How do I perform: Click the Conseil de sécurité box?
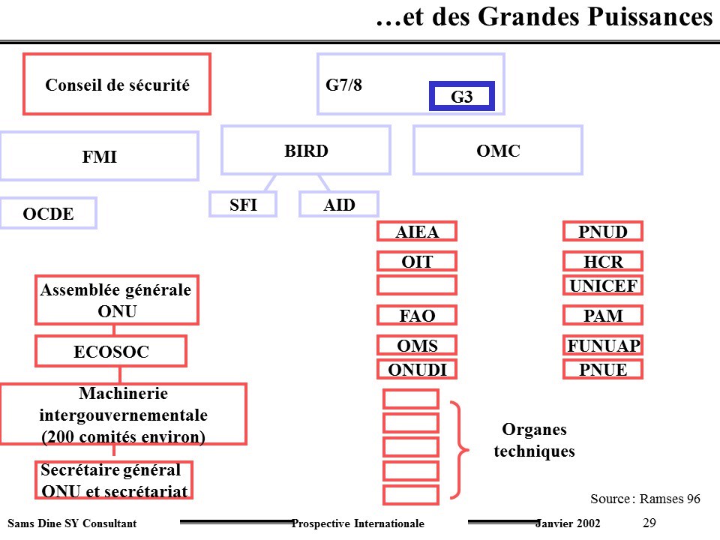pyautogui.click(x=117, y=83)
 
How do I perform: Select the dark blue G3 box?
pyautogui.click(x=462, y=96)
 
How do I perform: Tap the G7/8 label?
pyautogui.click(x=343, y=85)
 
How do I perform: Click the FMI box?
pyautogui.click(x=99, y=156)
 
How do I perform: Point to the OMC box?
pyautogui.click(x=498, y=150)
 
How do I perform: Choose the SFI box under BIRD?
pyautogui.click(x=243, y=204)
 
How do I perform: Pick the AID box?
pyautogui.click(x=339, y=204)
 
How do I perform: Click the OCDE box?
pyautogui.click(x=48, y=213)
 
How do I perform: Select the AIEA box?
pyautogui.click(x=417, y=232)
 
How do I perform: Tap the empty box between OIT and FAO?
pyautogui.click(x=417, y=285)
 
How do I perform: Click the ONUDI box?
pyautogui.click(x=417, y=369)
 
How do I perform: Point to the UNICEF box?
pyautogui.click(x=603, y=285)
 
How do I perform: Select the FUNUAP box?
pyautogui.click(x=603, y=345)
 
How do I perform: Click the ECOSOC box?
pyautogui.click(x=111, y=351)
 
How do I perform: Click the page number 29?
pyautogui.click(x=649, y=523)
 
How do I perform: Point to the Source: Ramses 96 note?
pyautogui.click(x=645, y=499)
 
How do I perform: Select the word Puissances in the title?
pyautogui.click(x=650, y=17)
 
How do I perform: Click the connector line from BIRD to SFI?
pyautogui.click(x=271, y=183)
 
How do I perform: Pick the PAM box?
pyautogui.click(x=603, y=316)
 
